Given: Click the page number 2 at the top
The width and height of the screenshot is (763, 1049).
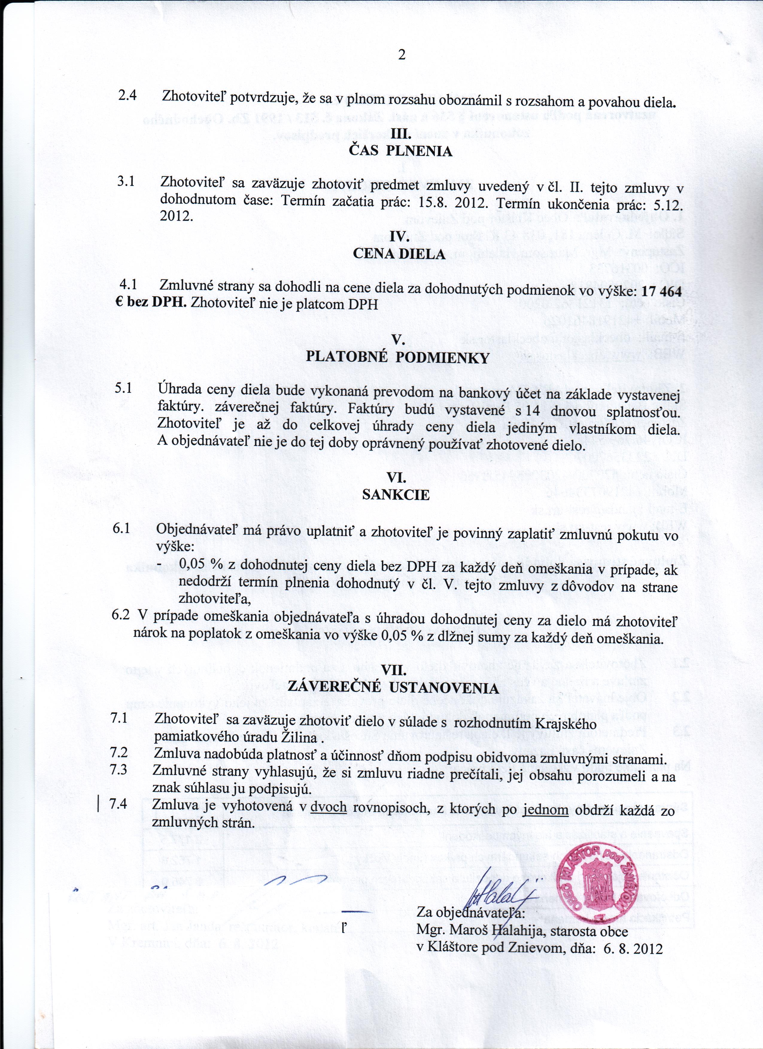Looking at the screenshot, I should tap(401, 55).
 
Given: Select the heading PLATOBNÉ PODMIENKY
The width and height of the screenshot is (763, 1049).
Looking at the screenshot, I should tap(398, 357).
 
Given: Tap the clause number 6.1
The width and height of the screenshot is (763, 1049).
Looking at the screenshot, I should tap(121, 528).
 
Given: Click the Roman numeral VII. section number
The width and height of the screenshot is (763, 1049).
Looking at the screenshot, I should tap(394, 670).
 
